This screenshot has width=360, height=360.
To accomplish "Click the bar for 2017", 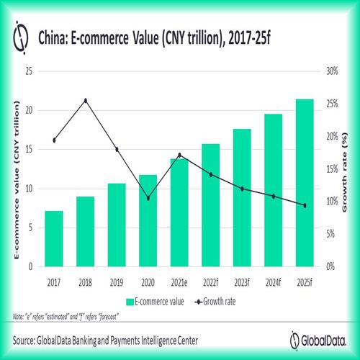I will (53, 238).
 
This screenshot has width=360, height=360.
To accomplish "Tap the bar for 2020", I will (148, 220).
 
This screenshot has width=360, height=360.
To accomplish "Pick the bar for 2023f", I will (242, 198).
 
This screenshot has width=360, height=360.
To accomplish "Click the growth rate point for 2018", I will (86, 100).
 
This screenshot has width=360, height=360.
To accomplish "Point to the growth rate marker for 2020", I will (148, 198).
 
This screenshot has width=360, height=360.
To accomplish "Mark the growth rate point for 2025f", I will (305, 205).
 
